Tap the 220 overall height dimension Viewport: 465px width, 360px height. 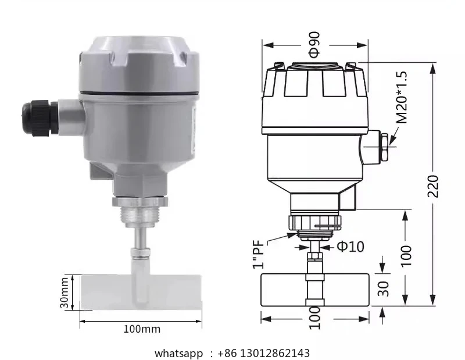(433, 186)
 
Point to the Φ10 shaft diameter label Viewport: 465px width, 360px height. (350, 247)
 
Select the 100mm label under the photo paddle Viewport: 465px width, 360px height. (141, 329)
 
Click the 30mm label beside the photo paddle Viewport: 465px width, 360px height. (66, 292)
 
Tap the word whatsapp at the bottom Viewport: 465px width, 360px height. (178, 353)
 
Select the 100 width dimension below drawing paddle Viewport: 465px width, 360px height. (314, 318)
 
